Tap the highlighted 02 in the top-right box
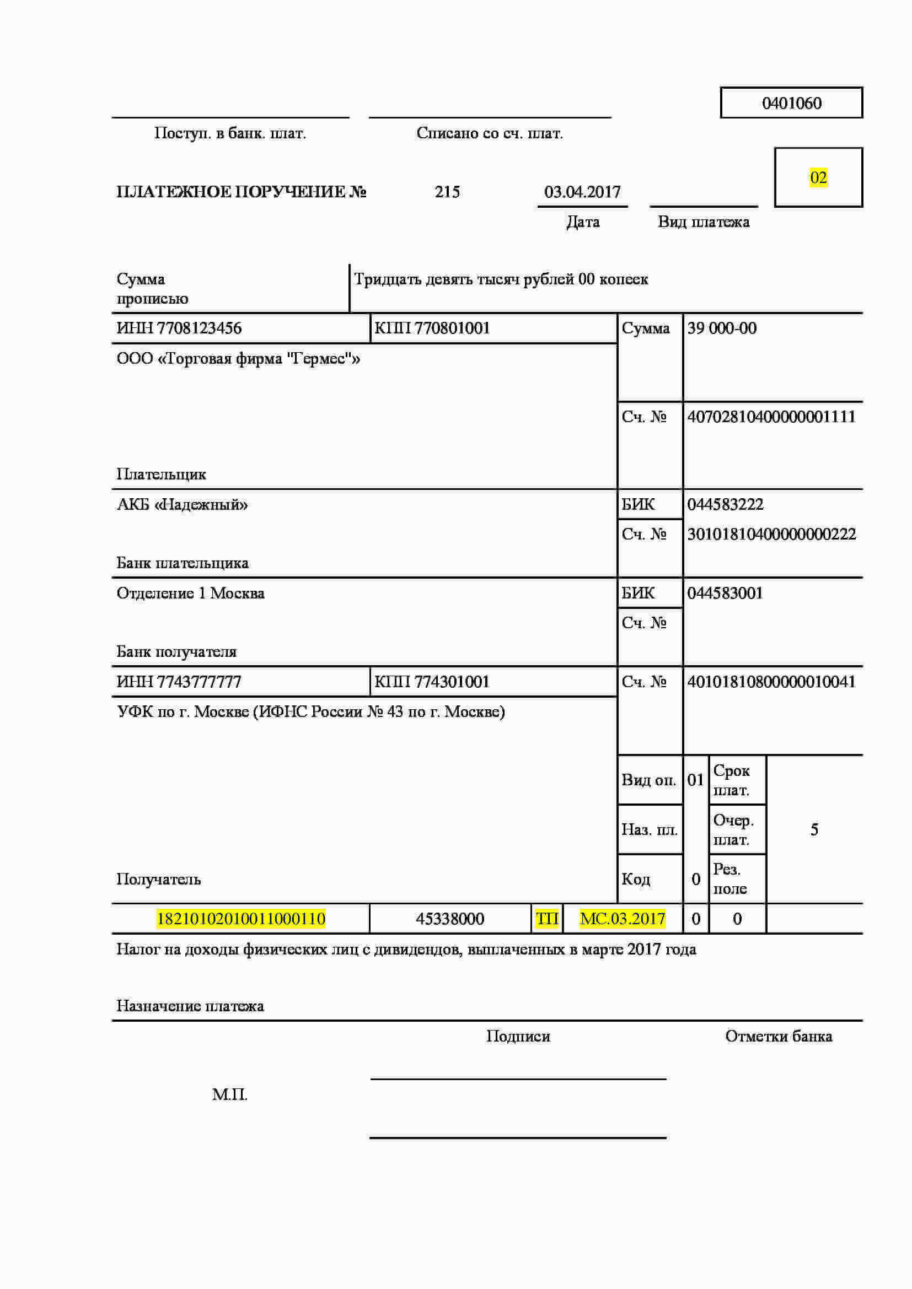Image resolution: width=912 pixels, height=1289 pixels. (x=818, y=178)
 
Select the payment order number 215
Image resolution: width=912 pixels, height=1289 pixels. (x=447, y=192)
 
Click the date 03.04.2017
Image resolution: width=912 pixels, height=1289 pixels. (x=582, y=192)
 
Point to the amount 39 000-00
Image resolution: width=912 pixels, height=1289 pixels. (x=722, y=328)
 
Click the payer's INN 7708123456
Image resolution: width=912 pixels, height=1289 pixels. (x=179, y=328)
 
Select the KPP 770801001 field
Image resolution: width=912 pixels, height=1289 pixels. (x=432, y=328)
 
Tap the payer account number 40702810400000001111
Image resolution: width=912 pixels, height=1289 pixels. (x=771, y=417)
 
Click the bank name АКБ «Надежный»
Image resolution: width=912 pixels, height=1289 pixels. (x=182, y=505)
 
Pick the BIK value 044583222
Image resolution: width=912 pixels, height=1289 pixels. (x=725, y=505)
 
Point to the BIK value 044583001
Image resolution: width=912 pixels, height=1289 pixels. (x=725, y=594)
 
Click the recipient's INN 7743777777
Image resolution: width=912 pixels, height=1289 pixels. (x=179, y=682)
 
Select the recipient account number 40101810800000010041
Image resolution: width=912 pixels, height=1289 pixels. (x=771, y=682)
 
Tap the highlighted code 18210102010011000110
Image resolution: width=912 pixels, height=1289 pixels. (x=241, y=919)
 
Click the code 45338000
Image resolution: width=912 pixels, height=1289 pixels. (x=450, y=919)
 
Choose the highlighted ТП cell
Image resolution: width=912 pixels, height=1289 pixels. (x=547, y=919)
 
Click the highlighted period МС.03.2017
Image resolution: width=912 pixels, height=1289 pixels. (x=622, y=919)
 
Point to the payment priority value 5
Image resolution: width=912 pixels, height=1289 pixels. (x=814, y=830)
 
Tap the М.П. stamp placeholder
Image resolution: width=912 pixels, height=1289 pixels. (x=230, y=1095)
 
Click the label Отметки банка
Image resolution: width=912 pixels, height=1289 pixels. (x=779, y=1037)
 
